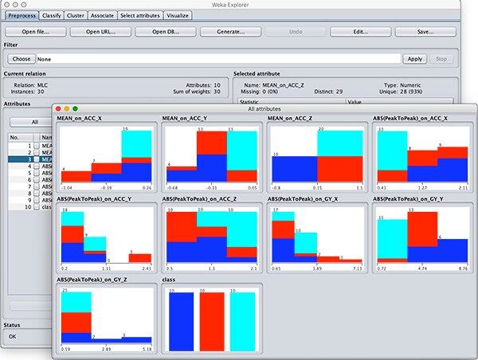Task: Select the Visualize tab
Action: point(178,15)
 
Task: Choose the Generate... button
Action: point(222,32)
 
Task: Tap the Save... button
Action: point(424,32)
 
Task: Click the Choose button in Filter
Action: point(21,59)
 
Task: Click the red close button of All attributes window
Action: point(58,108)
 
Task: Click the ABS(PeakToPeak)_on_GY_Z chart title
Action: point(94,280)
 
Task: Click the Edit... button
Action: point(361,32)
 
